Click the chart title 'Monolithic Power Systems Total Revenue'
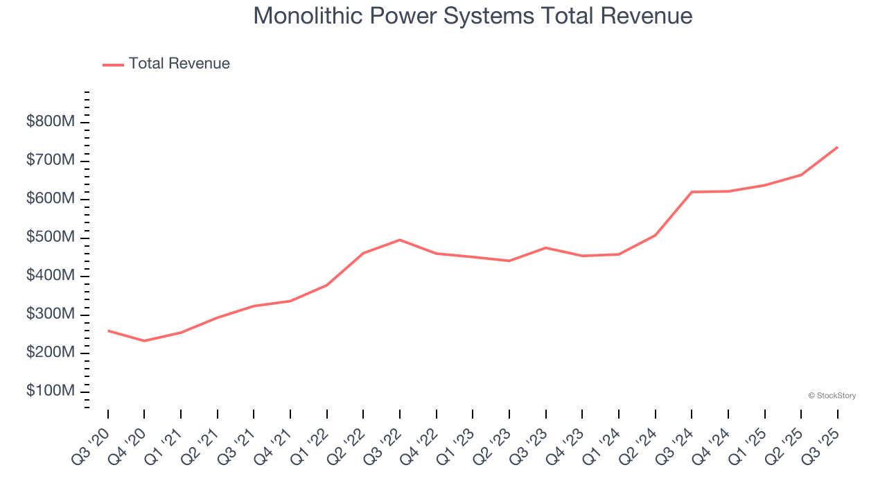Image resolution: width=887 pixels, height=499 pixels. [x=473, y=16]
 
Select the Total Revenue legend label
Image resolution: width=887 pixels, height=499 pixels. [x=179, y=64]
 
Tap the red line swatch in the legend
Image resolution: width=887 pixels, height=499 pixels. [x=113, y=64]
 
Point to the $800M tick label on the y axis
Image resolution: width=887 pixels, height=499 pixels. [x=51, y=123]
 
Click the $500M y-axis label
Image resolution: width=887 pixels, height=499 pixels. [x=51, y=238]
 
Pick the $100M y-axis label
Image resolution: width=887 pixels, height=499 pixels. [x=51, y=392]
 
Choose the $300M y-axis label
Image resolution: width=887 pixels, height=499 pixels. [x=51, y=315]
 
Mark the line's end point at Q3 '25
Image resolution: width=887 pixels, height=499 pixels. [x=837, y=147]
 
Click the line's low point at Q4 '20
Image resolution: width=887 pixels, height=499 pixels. [x=144, y=341]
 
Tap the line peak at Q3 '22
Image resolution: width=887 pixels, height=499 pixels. [x=400, y=240]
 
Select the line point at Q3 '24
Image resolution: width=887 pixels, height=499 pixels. [x=692, y=192]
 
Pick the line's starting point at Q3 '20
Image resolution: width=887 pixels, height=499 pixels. [x=108, y=331]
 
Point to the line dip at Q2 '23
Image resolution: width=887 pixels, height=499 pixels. [x=509, y=261]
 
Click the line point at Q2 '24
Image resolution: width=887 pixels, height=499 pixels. [x=655, y=235]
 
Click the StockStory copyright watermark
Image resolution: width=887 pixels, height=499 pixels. [x=832, y=396]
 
